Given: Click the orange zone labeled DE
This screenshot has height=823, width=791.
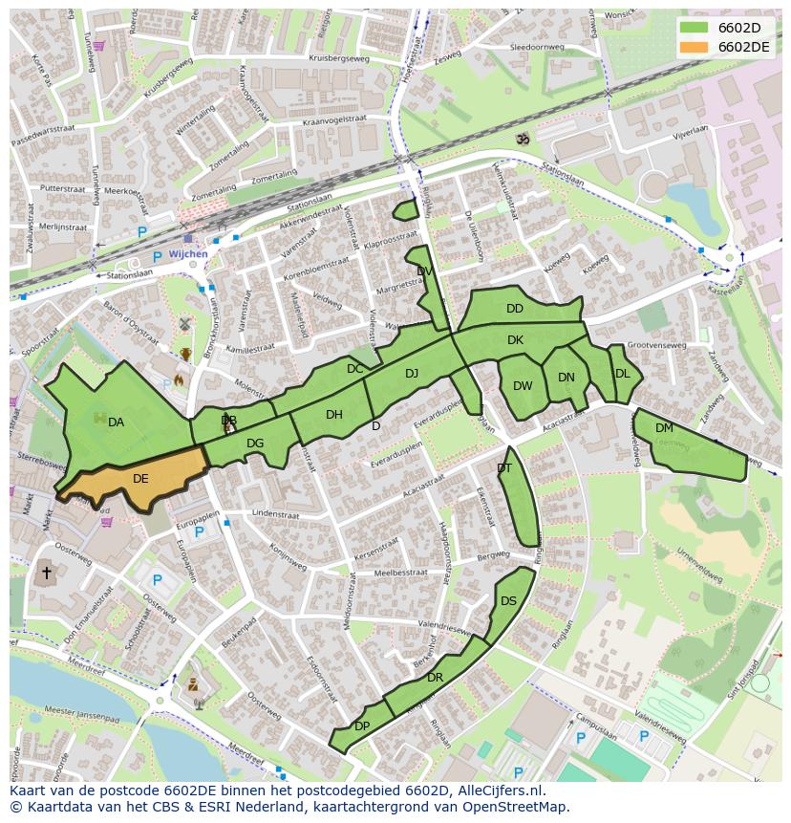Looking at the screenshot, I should pyautogui.click(x=140, y=479).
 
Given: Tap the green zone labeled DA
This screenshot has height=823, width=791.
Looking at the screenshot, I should pyautogui.click(x=116, y=422).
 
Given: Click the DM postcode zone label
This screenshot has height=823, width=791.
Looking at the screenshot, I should pyautogui.click(x=664, y=428).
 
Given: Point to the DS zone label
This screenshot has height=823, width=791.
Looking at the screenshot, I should pyautogui.click(x=508, y=601).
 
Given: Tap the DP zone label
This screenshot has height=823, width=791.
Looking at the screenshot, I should pyautogui.click(x=362, y=726).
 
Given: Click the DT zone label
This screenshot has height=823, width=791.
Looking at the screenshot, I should pyautogui.click(x=504, y=467).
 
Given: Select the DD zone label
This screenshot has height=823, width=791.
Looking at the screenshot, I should pyautogui.click(x=515, y=309).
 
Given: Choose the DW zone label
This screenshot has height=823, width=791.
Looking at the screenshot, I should pyautogui.click(x=523, y=386).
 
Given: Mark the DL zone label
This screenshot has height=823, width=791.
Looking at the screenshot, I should pyautogui.click(x=623, y=374).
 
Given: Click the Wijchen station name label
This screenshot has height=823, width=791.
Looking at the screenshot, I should pyautogui.click(x=187, y=255).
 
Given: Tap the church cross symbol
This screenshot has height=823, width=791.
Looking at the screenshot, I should pyautogui.click(x=46, y=574).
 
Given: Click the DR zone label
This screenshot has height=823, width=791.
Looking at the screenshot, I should pyautogui.click(x=435, y=678).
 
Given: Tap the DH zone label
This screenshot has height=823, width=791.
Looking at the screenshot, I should pyautogui.click(x=333, y=415).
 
